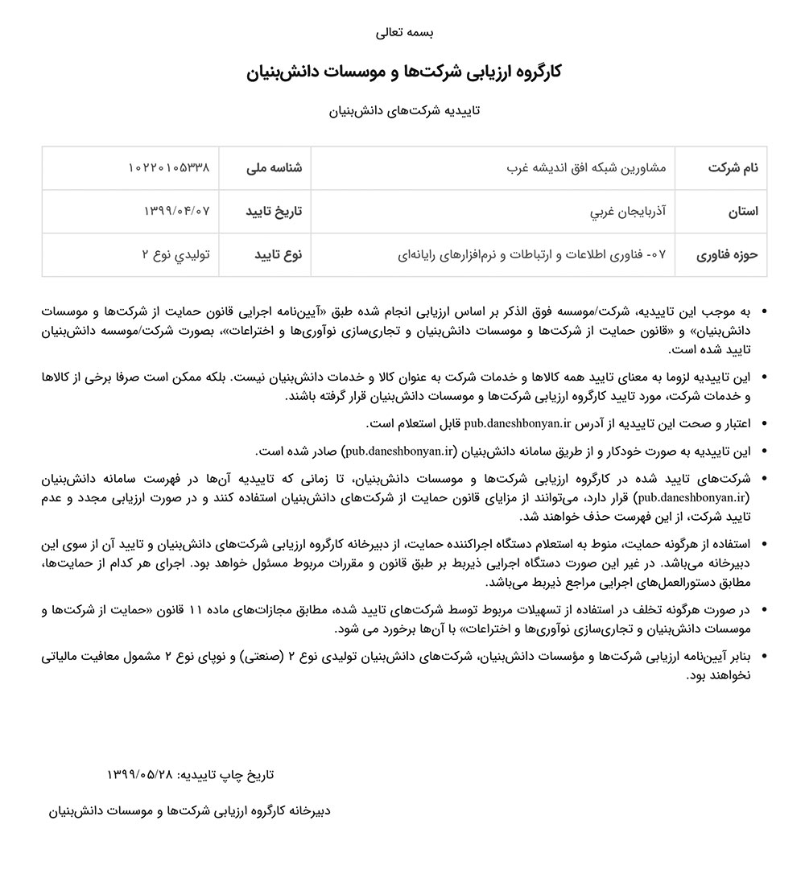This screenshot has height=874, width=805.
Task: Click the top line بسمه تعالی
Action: pos(404,33)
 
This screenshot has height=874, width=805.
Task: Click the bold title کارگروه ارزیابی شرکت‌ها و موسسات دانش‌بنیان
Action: pos(404,72)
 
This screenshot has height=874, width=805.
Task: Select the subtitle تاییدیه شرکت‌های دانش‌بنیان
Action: pos(404,111)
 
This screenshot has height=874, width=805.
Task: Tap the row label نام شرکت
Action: pos(733,168)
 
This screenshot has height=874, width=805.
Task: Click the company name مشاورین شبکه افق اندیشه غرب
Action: pos(591,168)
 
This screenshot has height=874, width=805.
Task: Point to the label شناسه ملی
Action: pos(274,168)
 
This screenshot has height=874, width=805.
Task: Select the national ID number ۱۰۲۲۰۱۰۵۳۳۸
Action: pos(169,168)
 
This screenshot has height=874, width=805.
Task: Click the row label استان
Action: pos(743,212)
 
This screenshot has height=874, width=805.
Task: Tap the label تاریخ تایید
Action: pos(274,212)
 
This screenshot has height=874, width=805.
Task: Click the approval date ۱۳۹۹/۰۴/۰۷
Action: pos(176,212)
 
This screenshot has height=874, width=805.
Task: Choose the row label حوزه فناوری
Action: pos(728,255)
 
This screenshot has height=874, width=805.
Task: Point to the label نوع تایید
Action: pos(279,255)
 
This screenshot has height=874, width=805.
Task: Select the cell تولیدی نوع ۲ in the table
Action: pos(175,255)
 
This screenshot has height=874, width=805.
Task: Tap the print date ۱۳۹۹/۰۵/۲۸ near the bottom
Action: pos(140,774)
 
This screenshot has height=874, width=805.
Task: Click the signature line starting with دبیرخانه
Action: pos(189,810)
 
